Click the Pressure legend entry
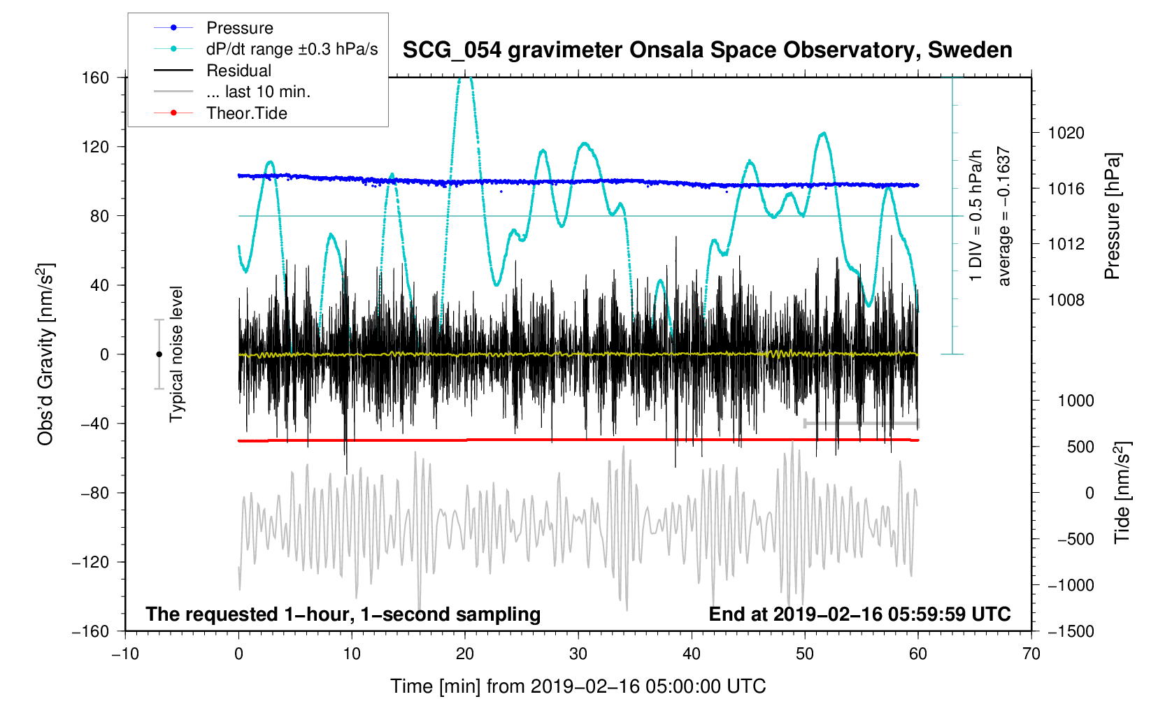pos(239,28)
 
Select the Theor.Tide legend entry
pos(246,113)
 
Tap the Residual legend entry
pos(238,71)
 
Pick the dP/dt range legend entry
pos(292,49)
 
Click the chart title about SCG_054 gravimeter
pos(707,50)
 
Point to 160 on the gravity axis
pos(95,78)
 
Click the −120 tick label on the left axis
pos(90,562)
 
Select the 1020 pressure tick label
pos(1066,133)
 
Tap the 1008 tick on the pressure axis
pos(1066,300)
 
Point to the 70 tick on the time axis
pos(1031,654)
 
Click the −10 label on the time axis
pos(125,654)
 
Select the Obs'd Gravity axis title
pos(46,354)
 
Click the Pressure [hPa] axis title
pos(1112,217)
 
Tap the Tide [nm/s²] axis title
pos(1122,492)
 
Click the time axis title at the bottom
pos(578,686)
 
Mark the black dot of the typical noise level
pos(159,354)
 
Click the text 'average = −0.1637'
pos(1004,216)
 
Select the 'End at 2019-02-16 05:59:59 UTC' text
pos(859,614)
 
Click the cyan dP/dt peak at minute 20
pos(465,78)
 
